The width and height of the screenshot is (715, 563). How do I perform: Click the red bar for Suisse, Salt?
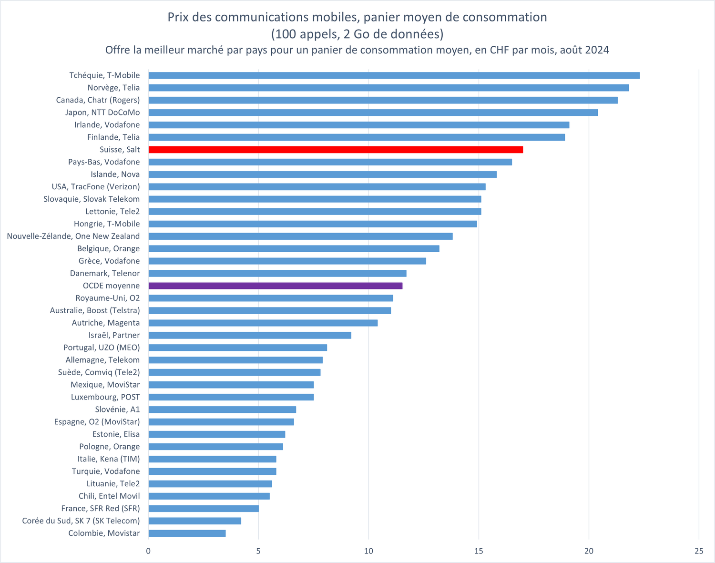coord(336,150)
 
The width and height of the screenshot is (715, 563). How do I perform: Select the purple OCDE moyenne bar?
coord(276,286)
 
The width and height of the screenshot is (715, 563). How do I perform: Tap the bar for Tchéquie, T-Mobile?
coord(394,75)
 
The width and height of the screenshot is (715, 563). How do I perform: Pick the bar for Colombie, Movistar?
coord(187,533)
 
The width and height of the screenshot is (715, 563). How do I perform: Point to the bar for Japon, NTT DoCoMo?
coord(373,113)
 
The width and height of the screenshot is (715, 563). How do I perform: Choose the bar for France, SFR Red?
coord(204,508)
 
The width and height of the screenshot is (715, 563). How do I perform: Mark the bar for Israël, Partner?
coord(250,335)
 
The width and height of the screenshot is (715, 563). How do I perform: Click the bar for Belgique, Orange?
coord(294,248)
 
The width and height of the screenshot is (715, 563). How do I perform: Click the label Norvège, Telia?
coord(113,88)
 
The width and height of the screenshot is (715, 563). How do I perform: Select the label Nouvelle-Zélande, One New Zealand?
coord(73,236)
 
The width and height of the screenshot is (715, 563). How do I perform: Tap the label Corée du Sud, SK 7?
coord(81,521)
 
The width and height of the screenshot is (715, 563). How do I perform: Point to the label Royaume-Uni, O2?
coord(108,298)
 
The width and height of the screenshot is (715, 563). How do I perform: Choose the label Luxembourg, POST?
coord(105,397)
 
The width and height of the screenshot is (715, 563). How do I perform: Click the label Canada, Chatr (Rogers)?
coord(98,100)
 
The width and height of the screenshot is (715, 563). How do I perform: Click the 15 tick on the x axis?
coord(479,551)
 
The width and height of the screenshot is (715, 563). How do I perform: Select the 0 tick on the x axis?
coord(148,551)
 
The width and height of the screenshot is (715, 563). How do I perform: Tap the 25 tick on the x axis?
coord(699,551)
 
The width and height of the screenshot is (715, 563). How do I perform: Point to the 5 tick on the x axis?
coord(258,551)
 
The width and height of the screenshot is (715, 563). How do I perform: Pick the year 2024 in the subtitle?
coord(597,50)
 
